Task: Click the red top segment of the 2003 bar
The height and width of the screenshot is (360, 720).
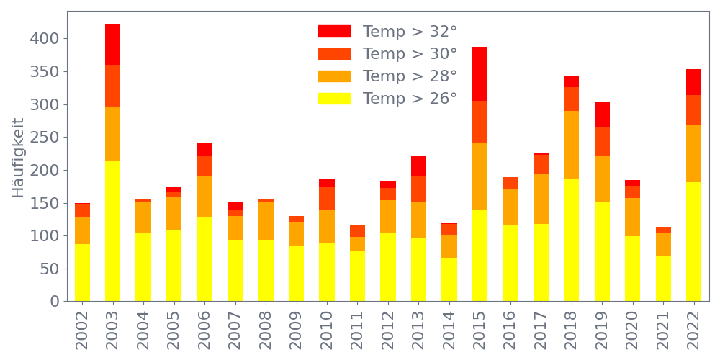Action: [x=112, y=45]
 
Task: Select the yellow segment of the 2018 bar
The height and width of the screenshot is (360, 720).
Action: [x=571, y=240]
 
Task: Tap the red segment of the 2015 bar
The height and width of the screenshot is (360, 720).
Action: [x=480, y=73]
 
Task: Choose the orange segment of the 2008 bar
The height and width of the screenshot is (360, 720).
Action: [x=266, y=221]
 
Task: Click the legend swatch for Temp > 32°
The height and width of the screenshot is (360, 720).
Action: [x=334, y=31]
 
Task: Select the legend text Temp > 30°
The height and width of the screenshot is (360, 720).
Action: [x=410, y=54]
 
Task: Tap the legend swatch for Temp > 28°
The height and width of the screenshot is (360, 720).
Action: [x=334, y=76]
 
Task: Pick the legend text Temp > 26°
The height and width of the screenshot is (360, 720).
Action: [x=410, y=99]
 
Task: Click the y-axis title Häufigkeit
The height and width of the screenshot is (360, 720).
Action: [x=19, y=158]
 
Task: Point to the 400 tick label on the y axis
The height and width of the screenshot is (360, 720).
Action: [x=45, y=38]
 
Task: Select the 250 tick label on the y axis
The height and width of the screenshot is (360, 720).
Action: [x=45, y=137]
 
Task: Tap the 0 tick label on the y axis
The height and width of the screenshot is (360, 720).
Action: [x=54, y=301]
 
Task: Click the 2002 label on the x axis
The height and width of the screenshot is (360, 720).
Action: [x=82, y=328]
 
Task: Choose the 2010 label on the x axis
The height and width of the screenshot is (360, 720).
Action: [x=327, y=328]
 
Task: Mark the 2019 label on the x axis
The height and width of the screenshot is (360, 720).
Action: [x=602, y=328]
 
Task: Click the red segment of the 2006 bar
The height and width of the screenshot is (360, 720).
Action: [x=204, y=149]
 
